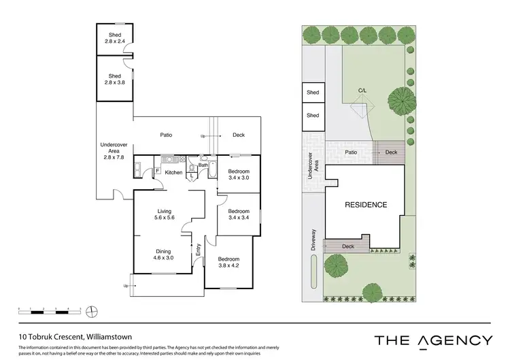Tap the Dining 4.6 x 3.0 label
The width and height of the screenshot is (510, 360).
tap(163, 255)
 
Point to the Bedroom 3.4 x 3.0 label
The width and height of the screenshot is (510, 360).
tap(239, 174)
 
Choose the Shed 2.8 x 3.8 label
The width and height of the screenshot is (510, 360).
tap(114, 80)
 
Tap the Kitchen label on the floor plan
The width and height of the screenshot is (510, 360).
tap(174, 173)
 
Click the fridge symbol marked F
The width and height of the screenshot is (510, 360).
tap(158, 171)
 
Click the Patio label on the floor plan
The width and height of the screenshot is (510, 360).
tap(165, 135)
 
